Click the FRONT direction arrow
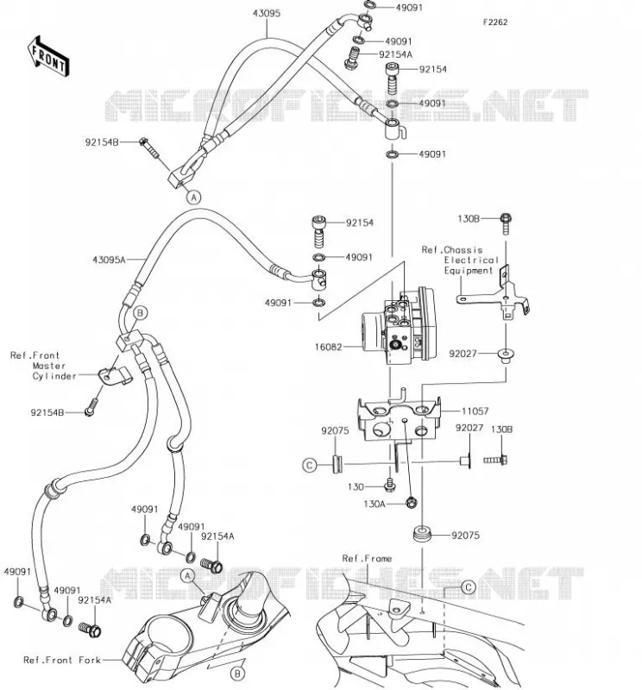pyautogui.click(x=48, y=57)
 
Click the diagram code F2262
pyautogui.click(x=495, y=22)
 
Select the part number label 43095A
pyautogui.click(x=109, y=260)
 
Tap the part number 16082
pyautogui.click(x=328, y=347)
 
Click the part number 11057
pyautogui.click(x=475, y=411)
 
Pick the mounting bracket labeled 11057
pyautogui.click(x=399, y=418)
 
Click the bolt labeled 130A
pyautogui.click(x=411, y=502)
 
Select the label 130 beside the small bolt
pyautogui.click(x=356, y=486)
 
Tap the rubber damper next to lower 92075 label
pyautogui.click(x=423, y=534)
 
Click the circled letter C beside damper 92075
pyautogui.click(x=310, y=465)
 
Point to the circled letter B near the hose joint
pyautogui.click(x=141, y=313)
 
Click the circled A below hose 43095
pyautogui.click(x=194, y=198)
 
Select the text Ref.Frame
pyautogui.click(x=367, y=558)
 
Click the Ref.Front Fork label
pyautogui.click(x=62, y=660)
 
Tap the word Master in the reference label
pyautogui.click(x=49, y=366)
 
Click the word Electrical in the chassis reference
pyautogui.click(x=471, y=260)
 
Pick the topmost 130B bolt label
pyautogui.click(x=469, y=218)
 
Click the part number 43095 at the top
pyautogui.click(x=267, y=13)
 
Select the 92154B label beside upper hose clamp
pyautogui.click(x=102, y=142)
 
